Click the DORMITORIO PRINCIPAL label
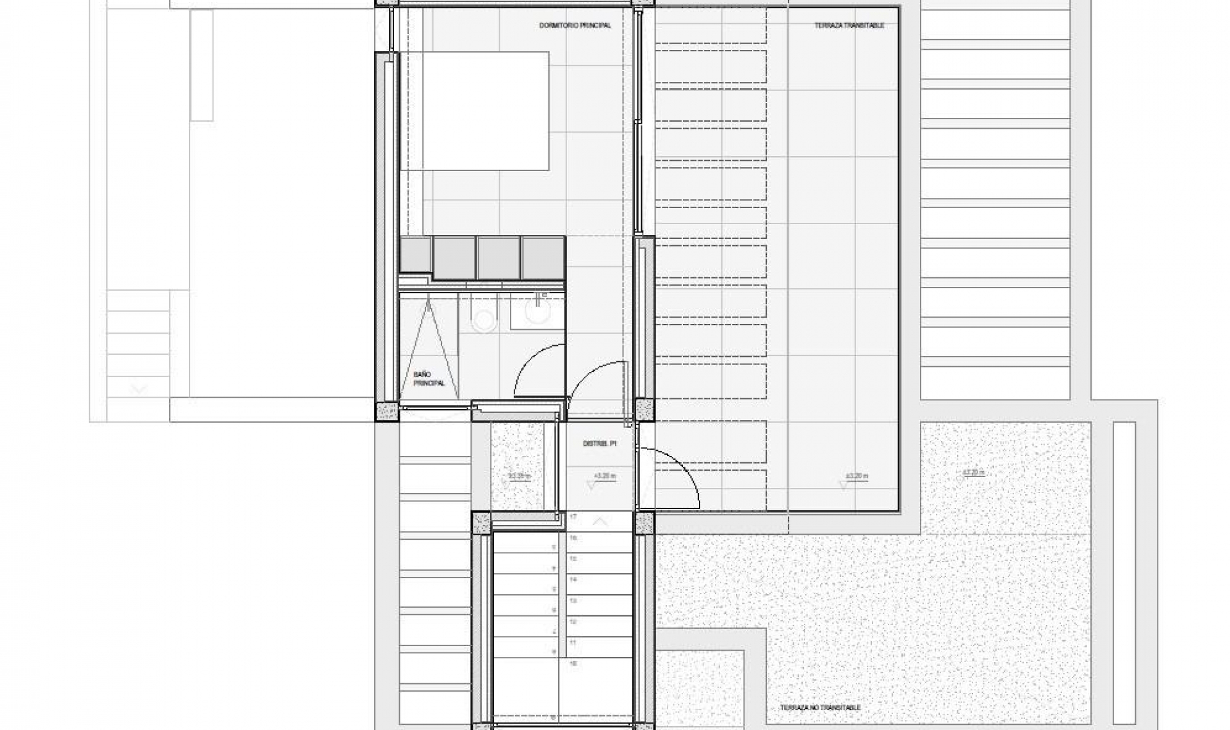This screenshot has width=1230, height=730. tap(575, 26)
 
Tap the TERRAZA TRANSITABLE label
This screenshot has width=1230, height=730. tap(849, 26)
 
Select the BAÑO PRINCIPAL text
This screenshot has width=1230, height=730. tap(423, 378)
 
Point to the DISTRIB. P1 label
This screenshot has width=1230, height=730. tap(599, 443)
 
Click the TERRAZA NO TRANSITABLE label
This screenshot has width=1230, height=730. tap(820, 708)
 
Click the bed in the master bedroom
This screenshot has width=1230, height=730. tap(474, 111)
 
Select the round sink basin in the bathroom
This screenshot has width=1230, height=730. tap(537, 312)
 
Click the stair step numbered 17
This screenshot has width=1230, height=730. tap(573, 517)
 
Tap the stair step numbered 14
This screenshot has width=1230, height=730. tap(573, 580)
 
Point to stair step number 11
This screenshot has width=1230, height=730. tap(573, 642)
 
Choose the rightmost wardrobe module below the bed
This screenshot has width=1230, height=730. tap(543, 257)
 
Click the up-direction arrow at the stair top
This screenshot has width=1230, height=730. tap(600, 522)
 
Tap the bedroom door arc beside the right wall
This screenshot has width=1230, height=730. tap(596, 384)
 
